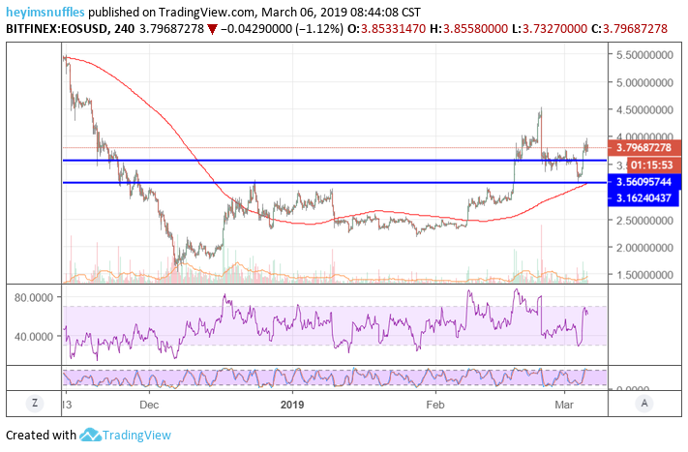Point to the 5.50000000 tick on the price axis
click(x=646, y=57)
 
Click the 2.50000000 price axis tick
click(x=646, y=220)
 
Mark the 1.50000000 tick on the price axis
click(x=646, y=275)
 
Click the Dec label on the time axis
click(x=149, y=403)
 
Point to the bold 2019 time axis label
click(x=291, y=403)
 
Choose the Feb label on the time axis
click(x=435, y=403)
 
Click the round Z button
click(x=34, y=403)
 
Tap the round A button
click(x=646, y=403)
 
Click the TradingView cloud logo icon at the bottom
click(x=91, y=436)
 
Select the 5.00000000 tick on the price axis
click(x=646, y=83)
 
